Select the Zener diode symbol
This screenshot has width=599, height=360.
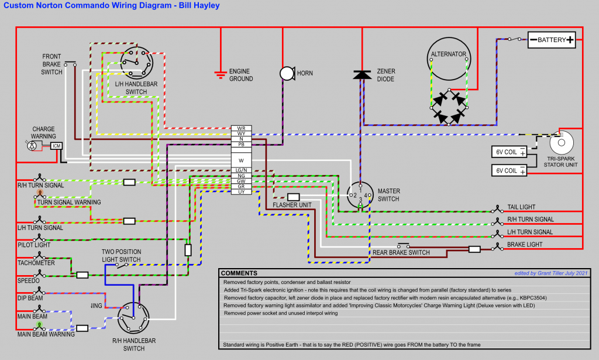[x=363, y=74]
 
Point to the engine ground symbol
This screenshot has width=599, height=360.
[x=221, y=74]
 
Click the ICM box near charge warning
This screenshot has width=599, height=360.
[x=57, y=145]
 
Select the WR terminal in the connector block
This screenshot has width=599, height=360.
[x=241, y=128]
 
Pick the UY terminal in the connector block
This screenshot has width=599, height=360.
[x=241, y=191]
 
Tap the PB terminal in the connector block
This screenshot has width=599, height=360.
[x=241, y=144]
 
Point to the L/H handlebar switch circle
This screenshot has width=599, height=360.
[x=136, y=61]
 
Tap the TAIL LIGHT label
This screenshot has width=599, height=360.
[x=521, y=207]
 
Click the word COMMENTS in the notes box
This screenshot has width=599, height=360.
[x=239, y=273]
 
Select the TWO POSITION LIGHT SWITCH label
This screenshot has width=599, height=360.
[x=122, y=256]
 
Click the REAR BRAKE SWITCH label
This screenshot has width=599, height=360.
[x=401, y=253]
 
